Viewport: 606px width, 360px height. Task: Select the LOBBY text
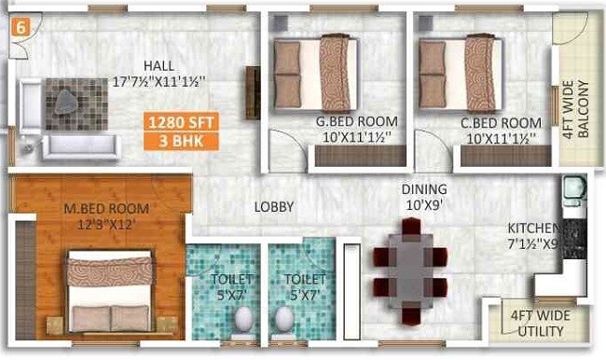(274, 207)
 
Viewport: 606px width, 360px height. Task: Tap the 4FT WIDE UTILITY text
(540, 323)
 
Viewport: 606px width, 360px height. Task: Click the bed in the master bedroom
(109, 294)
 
